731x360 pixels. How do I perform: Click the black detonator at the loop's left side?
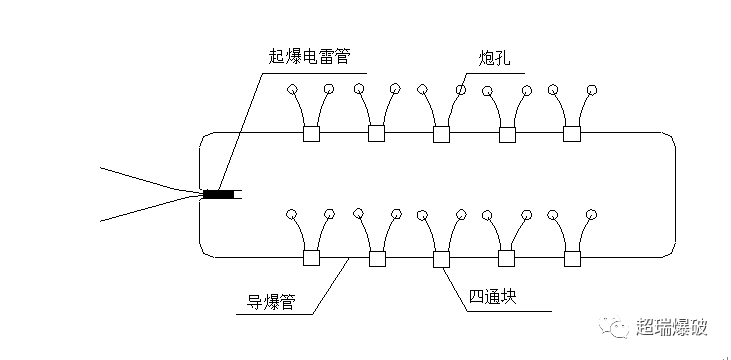click(x=219, y=194)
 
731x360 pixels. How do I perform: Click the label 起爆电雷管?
click(x=309, y=58)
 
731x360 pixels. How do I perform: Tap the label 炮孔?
click(x=494, y=58)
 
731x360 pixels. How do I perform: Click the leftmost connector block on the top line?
click(x=311, y=133)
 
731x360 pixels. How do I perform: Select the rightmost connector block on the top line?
click(x=572, y=133)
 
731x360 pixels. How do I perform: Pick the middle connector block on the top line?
click(x=441, y=133)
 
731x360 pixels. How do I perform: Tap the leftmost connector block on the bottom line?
click(x=311, y=258)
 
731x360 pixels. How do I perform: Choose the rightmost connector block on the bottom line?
click(x=572, y=258)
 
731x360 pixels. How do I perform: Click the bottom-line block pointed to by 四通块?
click(x=441, y=258)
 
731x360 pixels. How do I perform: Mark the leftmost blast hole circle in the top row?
click(x=292, y=91)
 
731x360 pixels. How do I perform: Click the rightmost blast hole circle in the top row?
click(x=592, y=91)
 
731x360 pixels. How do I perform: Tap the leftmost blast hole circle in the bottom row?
click(x=291, y=215)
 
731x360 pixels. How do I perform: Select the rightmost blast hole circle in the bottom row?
click(x=592, y=215)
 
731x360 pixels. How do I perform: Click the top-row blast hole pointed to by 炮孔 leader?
click(x=460, y=91)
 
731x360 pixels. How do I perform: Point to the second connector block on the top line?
click(x=376, y=133)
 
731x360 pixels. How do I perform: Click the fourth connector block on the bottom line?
click(x=507, y=258)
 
